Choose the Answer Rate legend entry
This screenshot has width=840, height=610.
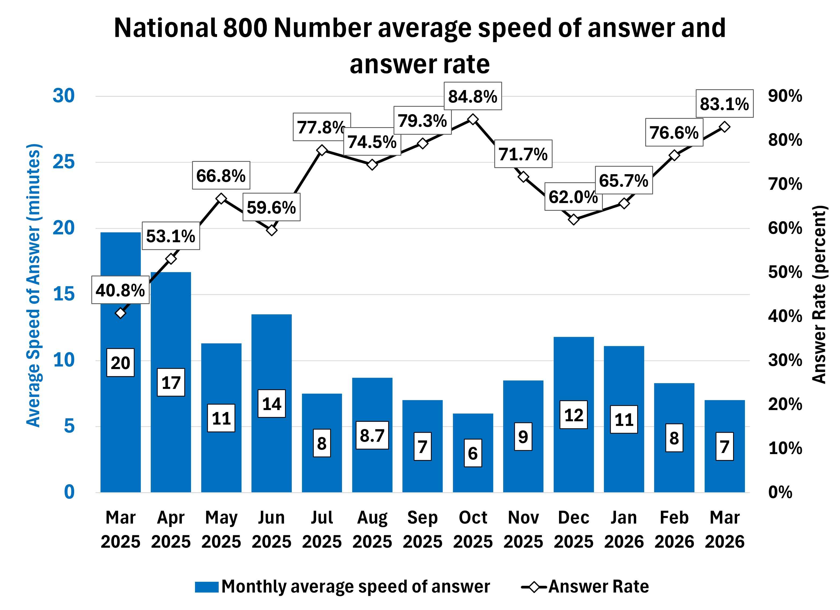click(585, 586)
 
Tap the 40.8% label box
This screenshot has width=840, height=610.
click(120, 290)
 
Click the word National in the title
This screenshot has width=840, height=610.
click(165, 28)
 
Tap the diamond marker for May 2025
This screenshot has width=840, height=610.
click(221, 199)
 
